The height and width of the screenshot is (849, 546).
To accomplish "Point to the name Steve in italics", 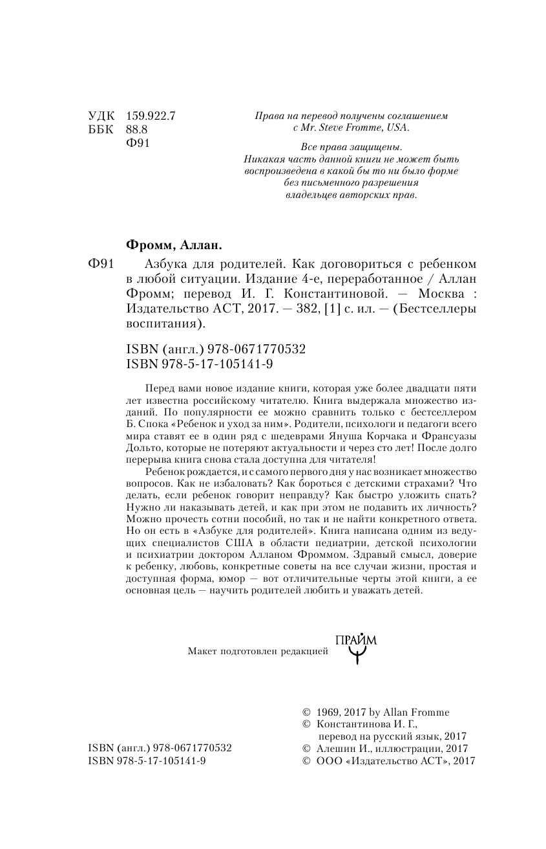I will click(339, 128).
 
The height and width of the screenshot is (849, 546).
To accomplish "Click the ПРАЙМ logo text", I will click(356, 641).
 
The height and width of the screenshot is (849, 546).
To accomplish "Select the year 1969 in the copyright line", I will click(321, 712).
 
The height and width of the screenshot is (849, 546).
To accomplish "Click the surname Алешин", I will click(335, 749).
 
